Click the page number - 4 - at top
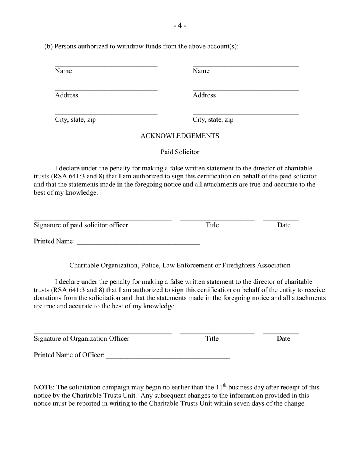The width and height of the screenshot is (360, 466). [180, 25]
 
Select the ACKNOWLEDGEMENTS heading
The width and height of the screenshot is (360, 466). [180, 136]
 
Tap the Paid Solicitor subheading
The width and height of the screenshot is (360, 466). [180, 152]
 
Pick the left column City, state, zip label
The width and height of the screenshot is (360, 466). [75, 120]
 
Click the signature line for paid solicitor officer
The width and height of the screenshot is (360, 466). [102, 219]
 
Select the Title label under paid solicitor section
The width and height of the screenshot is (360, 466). [212, 225]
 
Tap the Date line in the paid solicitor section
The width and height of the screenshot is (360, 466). [281, 219]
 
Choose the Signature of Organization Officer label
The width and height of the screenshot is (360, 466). [81, 338]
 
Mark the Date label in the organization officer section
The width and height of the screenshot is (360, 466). [283, 338]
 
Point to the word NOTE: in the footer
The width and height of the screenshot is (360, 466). [44, 387]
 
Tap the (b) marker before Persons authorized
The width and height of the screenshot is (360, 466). [49, 47]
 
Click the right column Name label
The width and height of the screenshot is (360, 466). [201, 71]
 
